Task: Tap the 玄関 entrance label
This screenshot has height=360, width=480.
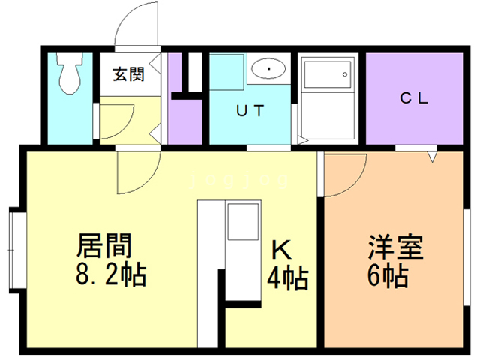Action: coord(129,74)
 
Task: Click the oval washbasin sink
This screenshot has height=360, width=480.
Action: coord(267,69)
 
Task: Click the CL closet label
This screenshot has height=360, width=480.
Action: coord(412,98)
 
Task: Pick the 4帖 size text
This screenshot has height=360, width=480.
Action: coord(286,278)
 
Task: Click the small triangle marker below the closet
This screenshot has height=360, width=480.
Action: coord(432,157)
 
